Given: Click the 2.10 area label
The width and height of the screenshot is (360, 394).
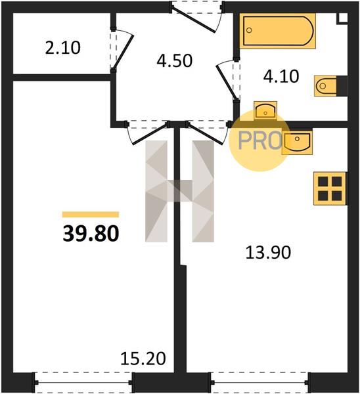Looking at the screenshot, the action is [63, 48].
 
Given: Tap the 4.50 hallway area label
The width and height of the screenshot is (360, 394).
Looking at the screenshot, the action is [175, 61].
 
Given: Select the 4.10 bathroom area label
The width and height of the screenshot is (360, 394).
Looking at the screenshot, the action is [281, 76].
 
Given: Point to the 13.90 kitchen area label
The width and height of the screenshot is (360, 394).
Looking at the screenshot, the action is [268, 252].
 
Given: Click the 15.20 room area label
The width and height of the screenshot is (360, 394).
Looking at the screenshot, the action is [143, 359].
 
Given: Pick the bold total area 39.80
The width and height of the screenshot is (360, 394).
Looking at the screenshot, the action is [91, 233].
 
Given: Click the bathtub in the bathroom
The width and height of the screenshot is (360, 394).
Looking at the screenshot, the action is [277, 31].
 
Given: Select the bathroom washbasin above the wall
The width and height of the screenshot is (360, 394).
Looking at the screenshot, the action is [265, 110].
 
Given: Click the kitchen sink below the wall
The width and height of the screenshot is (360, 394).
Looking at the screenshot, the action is [297, 142].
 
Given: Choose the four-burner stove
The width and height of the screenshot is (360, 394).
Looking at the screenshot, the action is [330, 188].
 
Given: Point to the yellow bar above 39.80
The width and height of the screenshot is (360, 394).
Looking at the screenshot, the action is [91, 214].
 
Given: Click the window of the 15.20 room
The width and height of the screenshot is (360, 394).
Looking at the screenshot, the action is [83, 382].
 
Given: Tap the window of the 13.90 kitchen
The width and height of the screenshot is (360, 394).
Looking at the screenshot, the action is [260, 382].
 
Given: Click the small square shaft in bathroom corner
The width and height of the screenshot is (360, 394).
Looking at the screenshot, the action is [342, 18].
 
